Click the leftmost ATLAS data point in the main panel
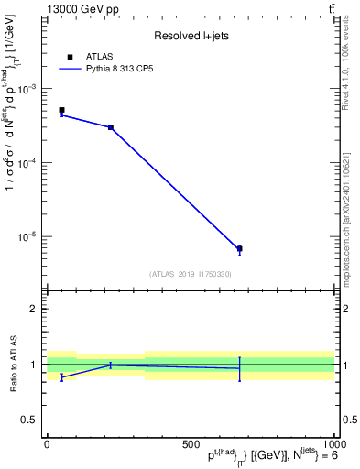pyautogui.click(x=61, y=110)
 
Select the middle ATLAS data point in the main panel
pyautogui.click(x=111, y=127)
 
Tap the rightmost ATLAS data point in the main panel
pyautogui.click(x=239, y=248)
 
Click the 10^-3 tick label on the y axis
pyautogui.click(x=29, y=89)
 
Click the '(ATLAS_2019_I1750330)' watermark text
pyautogui.click(x=191, y=274)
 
